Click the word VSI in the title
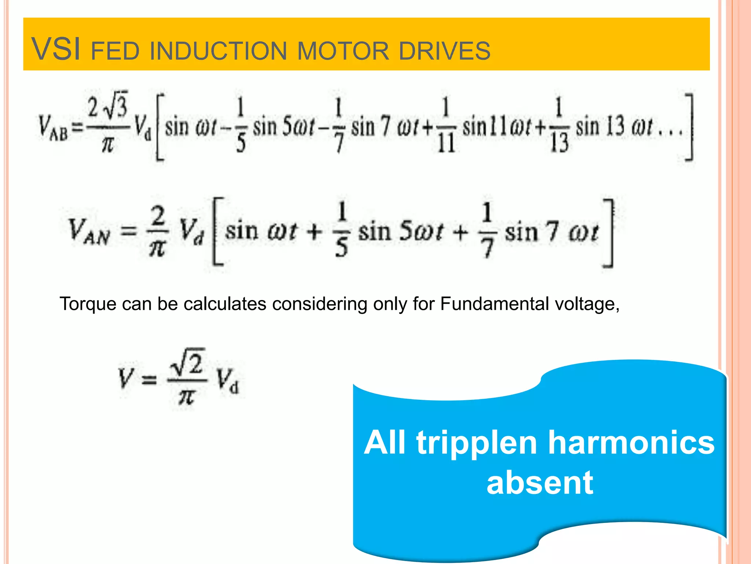tap(56, 49)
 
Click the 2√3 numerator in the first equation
tap(107, 108)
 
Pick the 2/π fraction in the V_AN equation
tap(158, 231)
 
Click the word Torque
tap(88, 304)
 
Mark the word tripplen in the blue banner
tap(477, 443)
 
